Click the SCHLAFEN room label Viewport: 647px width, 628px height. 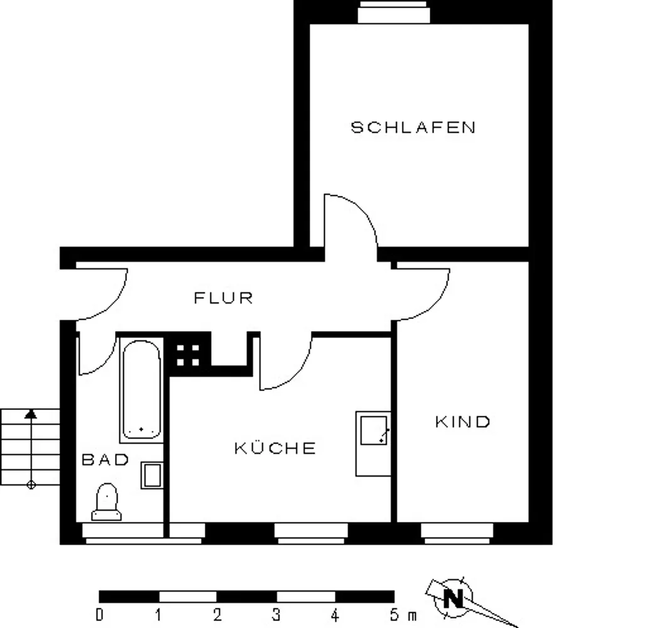pos(413,127)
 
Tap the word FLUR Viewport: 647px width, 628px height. pos(223,298)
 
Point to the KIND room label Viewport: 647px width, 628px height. pos(462,421)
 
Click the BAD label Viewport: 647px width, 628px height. pos(106,460)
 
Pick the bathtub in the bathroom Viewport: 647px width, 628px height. pos(141,389)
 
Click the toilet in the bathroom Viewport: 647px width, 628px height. pos(106,502)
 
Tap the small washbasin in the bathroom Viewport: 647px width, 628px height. pos(152,475)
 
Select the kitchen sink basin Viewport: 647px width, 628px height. pos(374,430)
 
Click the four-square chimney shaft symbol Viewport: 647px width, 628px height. pos(188,355)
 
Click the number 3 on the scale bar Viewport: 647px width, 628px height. pos(276,615)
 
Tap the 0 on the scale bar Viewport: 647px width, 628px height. pos(99,615)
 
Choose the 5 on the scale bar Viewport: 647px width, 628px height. pos(394,615)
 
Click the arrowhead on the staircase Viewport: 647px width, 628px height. pos(31,414)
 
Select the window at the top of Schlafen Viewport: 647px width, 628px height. pos(394,12)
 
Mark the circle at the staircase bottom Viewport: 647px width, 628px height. pos(31,485)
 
